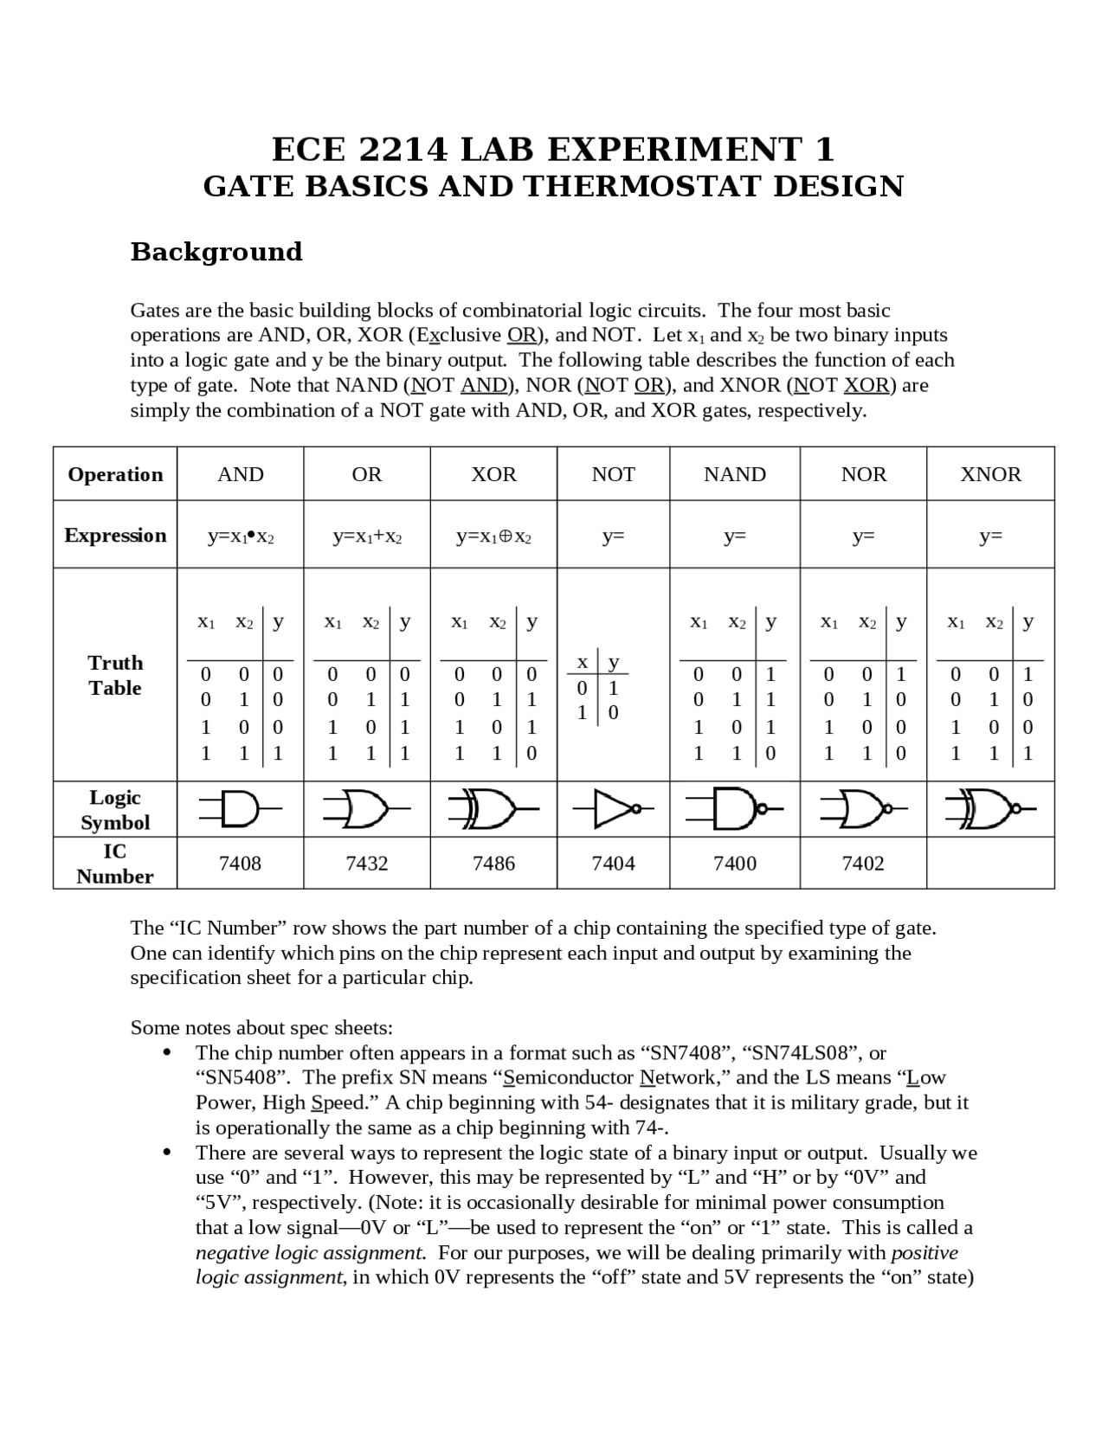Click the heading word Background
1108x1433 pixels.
216,252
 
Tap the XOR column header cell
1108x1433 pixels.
493,474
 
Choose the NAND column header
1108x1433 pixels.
734,474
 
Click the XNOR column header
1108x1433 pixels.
990,474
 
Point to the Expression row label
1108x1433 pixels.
115,535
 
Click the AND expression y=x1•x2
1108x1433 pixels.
241,537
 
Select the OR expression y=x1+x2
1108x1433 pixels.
367,537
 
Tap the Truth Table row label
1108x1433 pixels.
115,675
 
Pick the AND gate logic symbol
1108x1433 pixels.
241,809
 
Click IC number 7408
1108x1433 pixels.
240,863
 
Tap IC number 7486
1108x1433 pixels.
493,863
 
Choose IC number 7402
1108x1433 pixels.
863,863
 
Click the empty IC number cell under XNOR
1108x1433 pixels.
990,863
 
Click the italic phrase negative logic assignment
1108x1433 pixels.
310,1253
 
